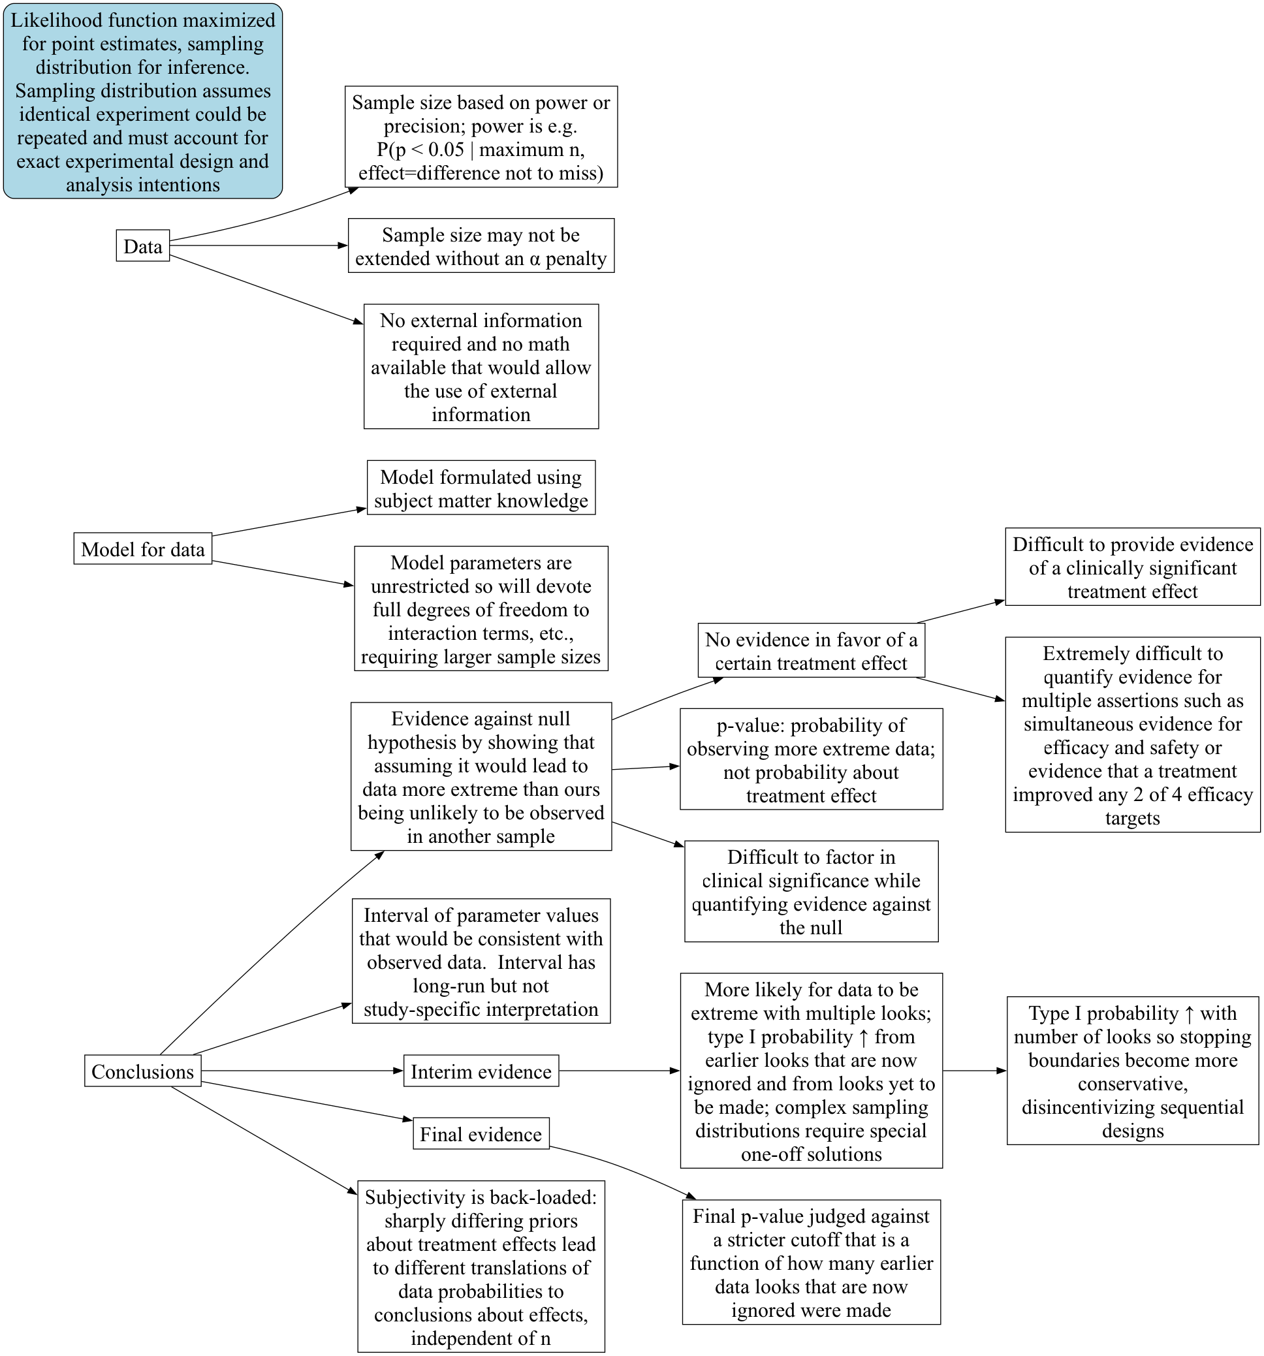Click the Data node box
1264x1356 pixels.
[142, 245]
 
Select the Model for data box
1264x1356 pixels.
[142, 548]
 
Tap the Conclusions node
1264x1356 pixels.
[142, 1071]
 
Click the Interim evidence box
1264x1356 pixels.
[481, 1071]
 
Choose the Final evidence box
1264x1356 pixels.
[481, 1133]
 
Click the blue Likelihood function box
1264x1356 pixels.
[142, 102]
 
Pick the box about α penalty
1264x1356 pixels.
[481, 245]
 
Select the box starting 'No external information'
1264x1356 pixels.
[481, 366]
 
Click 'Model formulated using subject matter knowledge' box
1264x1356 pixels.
[481, 488]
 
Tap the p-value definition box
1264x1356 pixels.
[811, 759]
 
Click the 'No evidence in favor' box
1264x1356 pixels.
[811, 651]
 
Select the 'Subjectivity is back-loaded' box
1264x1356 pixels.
[481, 1267]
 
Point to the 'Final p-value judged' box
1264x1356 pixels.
[811, 1263]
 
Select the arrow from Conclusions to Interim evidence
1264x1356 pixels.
[302, 1071]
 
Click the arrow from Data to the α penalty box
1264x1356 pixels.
[259, 245]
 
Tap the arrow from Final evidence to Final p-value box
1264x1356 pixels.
[623, 1170]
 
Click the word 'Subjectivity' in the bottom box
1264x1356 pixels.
[413, 1197]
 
